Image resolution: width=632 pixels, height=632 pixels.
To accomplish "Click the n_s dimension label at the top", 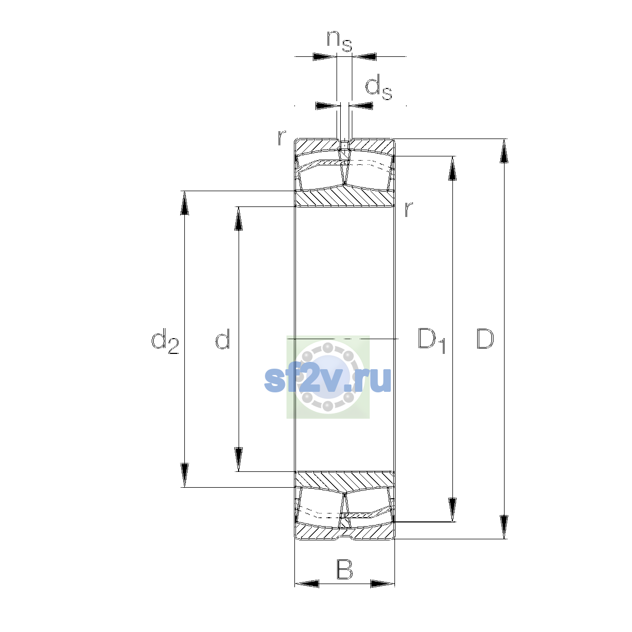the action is click(x=340, y=41).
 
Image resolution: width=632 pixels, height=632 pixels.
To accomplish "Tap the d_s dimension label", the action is click(x=379, y=87).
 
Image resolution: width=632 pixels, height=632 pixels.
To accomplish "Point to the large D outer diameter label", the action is click(x=485, y=339).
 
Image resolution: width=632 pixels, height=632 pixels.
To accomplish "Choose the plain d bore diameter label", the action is click(x=223, y=339).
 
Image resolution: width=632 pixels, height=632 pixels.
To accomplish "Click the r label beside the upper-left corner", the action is click(x=282, y=138).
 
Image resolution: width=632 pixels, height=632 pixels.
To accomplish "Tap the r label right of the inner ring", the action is click(x=408, y=209).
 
